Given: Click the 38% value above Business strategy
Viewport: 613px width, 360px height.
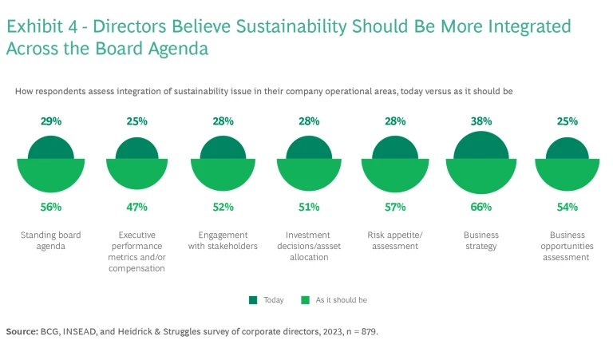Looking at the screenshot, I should click(481, 121).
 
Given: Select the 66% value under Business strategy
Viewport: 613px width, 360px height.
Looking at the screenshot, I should click(481, 207).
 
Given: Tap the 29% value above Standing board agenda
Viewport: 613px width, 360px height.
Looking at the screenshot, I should click(50, 121).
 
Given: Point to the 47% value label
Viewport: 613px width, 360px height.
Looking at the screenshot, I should click(136, 207).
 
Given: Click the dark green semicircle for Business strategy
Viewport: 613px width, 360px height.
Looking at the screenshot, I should click(481, 146).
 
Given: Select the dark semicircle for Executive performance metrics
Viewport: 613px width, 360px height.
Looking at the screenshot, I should click(136, 149).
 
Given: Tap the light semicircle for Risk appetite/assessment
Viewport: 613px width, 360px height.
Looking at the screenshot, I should click(395, 175).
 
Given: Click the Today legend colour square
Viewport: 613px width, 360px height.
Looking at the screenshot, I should click(252, 300).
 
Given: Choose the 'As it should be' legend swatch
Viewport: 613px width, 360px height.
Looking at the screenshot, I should click(305, 300).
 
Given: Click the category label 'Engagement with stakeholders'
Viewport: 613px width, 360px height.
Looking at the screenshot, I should click(223, 240).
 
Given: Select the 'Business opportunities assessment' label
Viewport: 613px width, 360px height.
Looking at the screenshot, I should click(568, 246).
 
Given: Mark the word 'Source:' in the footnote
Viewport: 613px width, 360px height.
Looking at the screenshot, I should click(22, 330).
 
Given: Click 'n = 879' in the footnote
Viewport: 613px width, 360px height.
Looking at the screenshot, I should click(358, 330).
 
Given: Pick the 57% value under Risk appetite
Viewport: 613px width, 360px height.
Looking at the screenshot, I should click(395, 207).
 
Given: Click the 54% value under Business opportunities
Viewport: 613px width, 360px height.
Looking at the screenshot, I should click(568, 207).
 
